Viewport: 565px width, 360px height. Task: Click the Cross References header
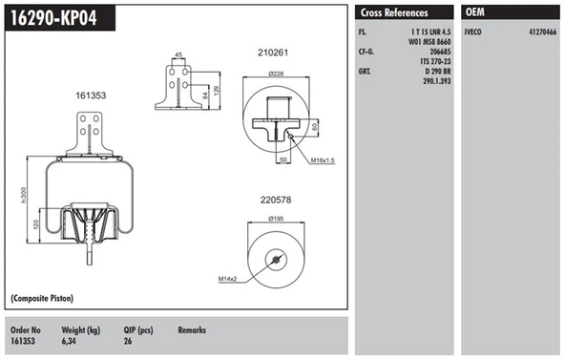coord(393,12)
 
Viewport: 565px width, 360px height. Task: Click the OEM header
coord(476,12)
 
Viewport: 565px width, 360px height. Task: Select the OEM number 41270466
coord(543,32)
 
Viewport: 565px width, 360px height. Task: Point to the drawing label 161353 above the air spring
coord(91,95)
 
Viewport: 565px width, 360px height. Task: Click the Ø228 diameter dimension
coord(276,74)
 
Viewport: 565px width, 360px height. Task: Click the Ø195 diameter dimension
coord(276,220)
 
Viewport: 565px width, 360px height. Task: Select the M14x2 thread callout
coord(227,279)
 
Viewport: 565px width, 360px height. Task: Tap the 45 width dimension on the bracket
coord(178,54)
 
